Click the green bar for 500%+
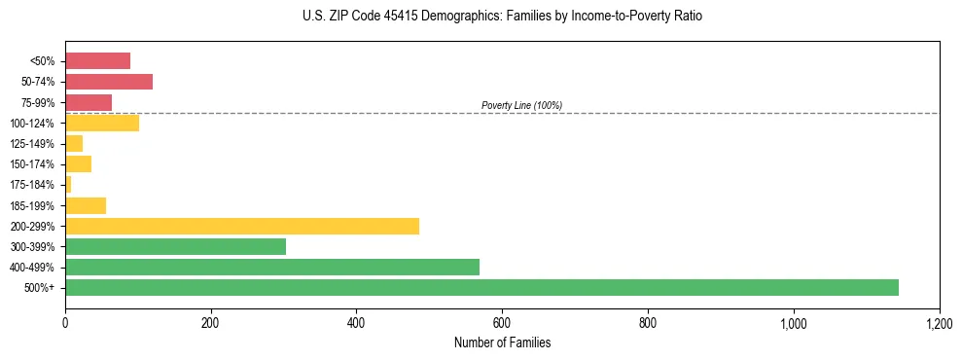click(481, 288)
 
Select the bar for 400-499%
click(272, 268)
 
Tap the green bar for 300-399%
click(175, 247)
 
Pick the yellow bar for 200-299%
click(242, 226)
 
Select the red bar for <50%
click(97, 61)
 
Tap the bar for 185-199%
click(86, 205)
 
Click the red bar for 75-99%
click(89, 102)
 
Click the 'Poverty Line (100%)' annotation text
click(521, 105)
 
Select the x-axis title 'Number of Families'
click(502, 343)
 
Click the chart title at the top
click(502, 17)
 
